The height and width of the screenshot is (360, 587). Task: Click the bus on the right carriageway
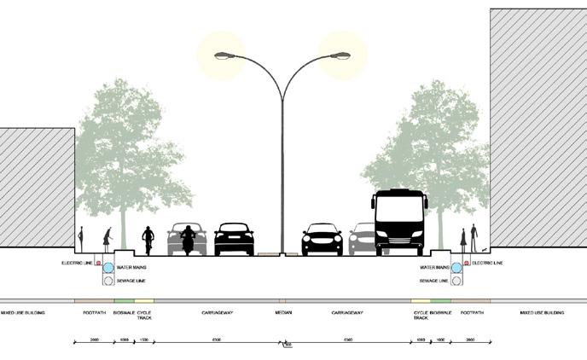click(398, 222)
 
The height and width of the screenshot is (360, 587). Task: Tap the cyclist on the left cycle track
click(148, 240)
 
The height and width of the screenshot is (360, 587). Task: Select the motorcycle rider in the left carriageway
click(188, 239)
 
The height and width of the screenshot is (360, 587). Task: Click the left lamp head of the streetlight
click(224, 55)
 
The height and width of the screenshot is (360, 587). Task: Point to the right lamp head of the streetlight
click(340, 55)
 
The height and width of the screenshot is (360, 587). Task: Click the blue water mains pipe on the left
click(108, 268)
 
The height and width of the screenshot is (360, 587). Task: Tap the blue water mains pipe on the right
click(456, 268)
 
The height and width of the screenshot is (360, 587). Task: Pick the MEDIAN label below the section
click(283, 313)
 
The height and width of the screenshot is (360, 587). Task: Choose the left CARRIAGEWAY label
click(218, 313)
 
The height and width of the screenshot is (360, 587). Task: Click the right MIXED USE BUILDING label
click(542, 313)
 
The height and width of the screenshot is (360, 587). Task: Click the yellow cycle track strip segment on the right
click(421, 300)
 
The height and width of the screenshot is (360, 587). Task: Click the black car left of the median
click(234, 240)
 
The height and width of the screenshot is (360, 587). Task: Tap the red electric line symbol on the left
click(97, 263)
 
